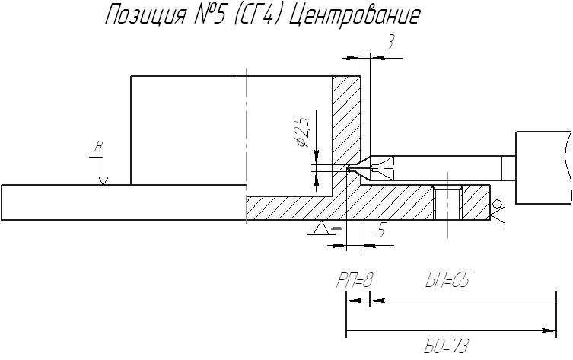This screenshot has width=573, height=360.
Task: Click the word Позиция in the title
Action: (145, 16)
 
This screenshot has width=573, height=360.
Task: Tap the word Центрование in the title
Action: (355, 16)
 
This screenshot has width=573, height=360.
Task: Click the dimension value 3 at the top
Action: (390, 43)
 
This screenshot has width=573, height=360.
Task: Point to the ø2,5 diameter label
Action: (304, 132)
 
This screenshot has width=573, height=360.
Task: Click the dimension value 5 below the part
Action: (381, 231)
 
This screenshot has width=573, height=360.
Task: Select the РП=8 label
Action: (354, 281)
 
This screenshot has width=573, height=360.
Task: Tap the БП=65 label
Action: (447, 280)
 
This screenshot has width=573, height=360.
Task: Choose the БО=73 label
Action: (445, 346)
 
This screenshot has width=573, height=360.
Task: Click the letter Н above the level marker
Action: (98, 147)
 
